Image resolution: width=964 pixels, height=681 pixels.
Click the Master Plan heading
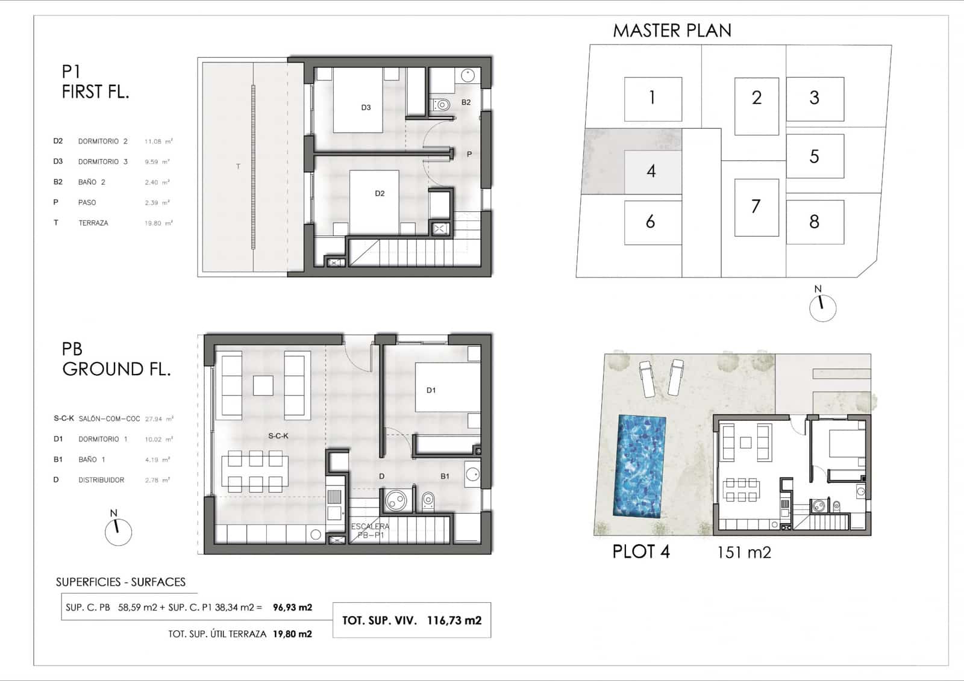click(672, 31)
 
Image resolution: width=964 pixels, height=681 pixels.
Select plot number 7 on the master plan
click(756, 207)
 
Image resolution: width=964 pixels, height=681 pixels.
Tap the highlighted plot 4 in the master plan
click(651, 171)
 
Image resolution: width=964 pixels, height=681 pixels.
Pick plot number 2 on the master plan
click(757, 98)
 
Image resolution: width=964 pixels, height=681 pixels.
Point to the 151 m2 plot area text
click(744, 552)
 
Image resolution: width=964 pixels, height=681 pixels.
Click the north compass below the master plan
click(822, 307)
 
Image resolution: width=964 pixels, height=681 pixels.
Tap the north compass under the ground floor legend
click(118, 531)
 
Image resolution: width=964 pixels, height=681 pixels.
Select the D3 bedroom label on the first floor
click(366, 108)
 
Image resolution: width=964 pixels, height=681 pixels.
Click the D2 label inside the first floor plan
click(380, 193)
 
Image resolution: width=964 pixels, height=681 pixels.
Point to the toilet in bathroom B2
click(442, 105)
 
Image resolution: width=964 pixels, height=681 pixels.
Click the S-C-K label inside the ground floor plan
click(278, 435)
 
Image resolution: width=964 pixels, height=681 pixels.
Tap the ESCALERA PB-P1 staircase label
click(370, 530)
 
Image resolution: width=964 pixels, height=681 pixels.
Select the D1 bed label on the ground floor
click(431, 390)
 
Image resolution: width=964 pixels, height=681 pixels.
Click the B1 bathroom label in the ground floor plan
click(445, 476)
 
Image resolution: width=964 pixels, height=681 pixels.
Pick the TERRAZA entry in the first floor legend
click(93, 223)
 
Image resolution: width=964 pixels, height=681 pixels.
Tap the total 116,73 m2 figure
click(454, 620)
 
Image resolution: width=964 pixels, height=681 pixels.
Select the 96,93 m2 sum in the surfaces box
click(292, 608)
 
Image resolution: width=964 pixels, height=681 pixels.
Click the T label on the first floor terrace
click(238, 166)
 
